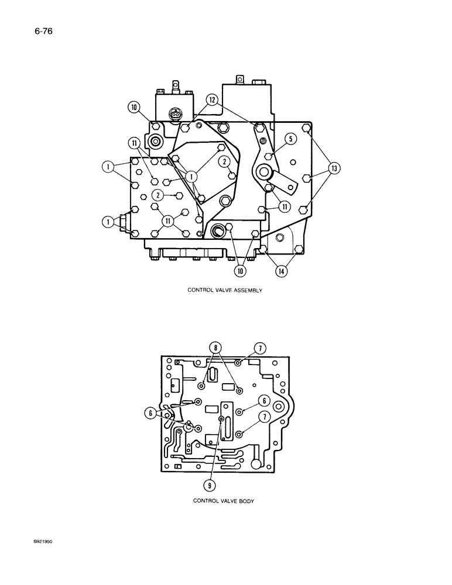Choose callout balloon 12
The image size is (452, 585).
point(212,100)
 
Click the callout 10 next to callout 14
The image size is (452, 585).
point(240,271)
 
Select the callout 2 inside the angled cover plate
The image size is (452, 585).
point(225,161)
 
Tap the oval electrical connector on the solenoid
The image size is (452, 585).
point(174,115)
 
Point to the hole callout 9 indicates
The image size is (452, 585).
point(221,419)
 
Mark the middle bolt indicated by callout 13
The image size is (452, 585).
point(306,177)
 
